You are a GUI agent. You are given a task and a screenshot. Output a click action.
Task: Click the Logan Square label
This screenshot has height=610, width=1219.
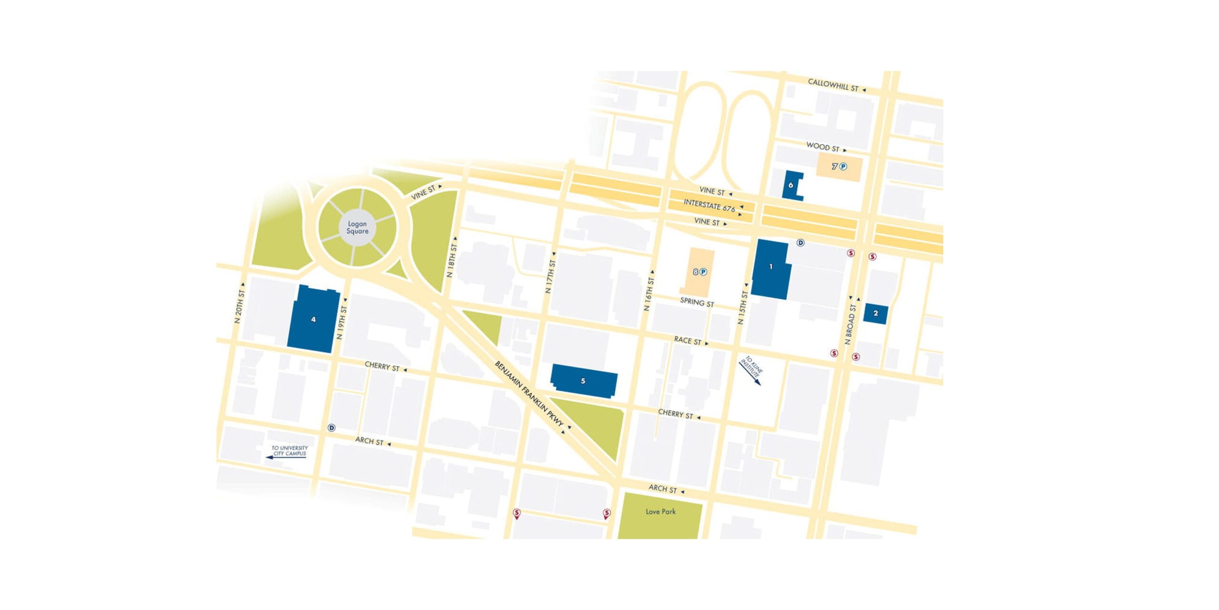tap(357, 227)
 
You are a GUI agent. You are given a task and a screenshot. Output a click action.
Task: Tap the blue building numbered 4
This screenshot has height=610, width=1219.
tap(313, 319)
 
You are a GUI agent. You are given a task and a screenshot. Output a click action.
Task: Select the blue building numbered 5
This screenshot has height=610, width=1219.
tap(583, 381)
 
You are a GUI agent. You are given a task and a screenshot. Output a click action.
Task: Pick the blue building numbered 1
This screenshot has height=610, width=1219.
tap(771, 269)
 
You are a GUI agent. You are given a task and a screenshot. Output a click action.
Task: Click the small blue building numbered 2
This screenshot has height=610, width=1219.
tap(875, 314)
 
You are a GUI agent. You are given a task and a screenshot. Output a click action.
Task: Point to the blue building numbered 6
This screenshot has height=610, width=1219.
tap(790, 185)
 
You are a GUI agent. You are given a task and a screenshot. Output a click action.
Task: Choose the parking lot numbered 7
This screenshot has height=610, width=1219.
tap(839, 167)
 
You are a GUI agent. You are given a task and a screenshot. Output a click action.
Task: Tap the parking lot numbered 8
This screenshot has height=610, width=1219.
tap(697, 272)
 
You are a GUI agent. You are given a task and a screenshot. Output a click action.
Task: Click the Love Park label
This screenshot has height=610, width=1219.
tap(660, 511)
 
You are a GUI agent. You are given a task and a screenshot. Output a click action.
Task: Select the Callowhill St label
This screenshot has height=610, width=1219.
tap(833, 85)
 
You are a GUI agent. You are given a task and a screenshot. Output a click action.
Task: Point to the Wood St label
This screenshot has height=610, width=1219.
tap(823, 147)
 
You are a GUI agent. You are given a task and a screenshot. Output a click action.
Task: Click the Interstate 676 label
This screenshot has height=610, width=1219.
tap(709, 205)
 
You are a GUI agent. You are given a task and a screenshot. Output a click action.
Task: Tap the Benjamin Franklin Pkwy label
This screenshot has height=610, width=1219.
tap(529, 394)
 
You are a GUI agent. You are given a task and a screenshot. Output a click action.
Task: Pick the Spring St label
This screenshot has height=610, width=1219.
tap(697, 303)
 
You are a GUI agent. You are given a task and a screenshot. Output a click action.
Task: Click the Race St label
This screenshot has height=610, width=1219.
tap(688, 341)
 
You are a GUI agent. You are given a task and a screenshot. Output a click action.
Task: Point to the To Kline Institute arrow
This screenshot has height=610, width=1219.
tap(751, 370)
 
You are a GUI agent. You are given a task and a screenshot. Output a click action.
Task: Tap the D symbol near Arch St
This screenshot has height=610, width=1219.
tap(331, 427)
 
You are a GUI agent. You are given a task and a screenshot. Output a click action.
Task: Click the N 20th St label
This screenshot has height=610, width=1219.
tap(239, 306)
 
